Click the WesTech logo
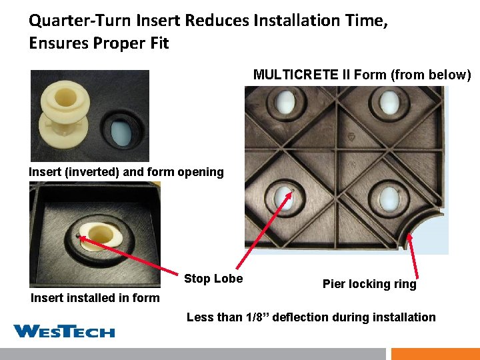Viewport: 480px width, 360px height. tap(64, 331)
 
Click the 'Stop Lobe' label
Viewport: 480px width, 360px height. tap(213, 279)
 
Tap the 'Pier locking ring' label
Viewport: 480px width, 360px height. tap(369, 284)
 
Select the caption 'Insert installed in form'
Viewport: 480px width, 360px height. tap(95, 298)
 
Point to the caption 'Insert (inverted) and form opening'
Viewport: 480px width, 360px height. tap(126, 172)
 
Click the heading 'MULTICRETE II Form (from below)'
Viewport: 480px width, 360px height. tap(362, 75)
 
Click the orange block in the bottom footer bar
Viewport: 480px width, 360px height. tap(435, 353)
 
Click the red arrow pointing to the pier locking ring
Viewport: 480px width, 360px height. tap(412, 253)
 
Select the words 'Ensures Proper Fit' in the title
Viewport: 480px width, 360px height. tap(99, 44)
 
